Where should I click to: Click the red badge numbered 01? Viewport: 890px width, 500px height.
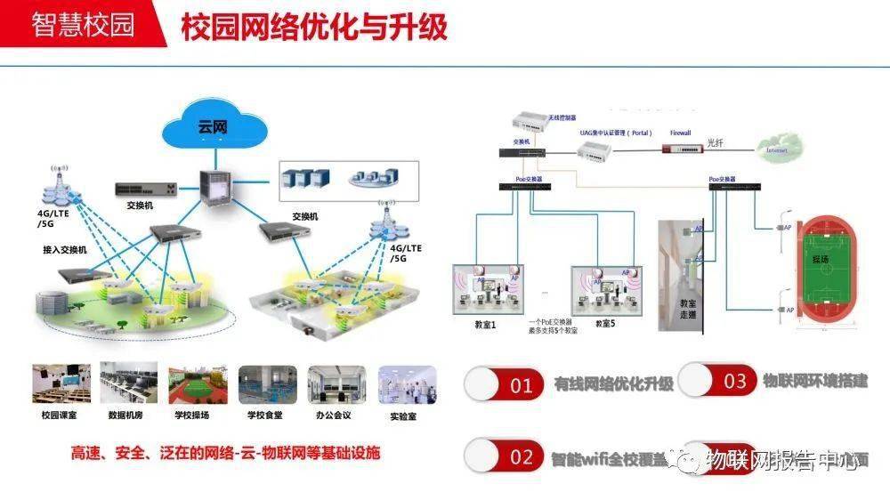point(520,384)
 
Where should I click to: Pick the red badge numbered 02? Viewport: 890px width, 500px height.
point(520,457)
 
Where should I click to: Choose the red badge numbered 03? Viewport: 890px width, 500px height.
point(733,381)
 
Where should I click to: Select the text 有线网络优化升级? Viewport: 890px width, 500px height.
point(614,384)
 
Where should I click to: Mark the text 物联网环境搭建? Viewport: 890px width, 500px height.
point(815,381)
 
